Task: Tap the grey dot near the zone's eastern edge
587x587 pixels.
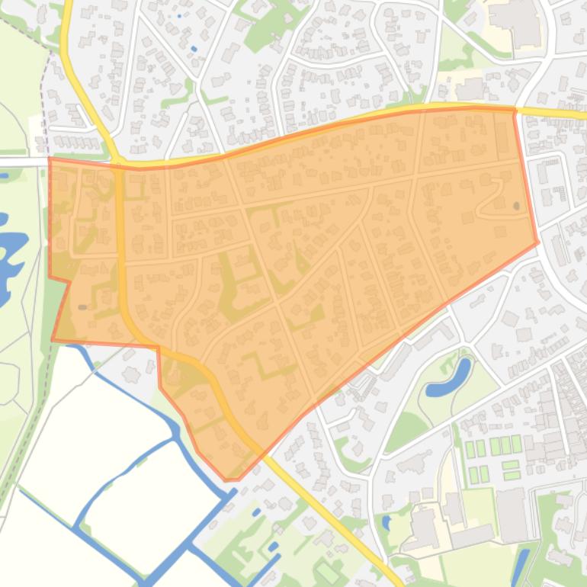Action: click(x=517, y=206)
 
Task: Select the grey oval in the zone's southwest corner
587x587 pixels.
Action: click(x=82, y=307)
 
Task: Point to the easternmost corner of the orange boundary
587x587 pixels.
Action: click(x=538, y=243)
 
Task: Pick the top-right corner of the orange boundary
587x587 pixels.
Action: click(x=515, y=109)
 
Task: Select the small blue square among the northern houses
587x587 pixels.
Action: click(x=194, y=49)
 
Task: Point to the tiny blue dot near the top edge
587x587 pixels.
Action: click(x=180, y=16)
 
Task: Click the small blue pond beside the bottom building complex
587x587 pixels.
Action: click(x=387, y=523)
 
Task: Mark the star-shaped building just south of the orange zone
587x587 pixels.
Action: click(x=131, y=374)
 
